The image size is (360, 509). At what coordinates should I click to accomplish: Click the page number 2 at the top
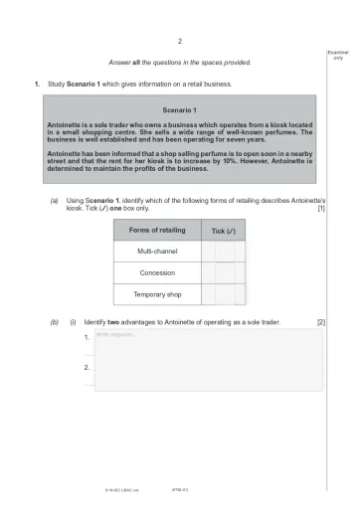(180, 41)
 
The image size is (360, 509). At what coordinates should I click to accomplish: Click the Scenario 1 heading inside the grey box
(180, 108)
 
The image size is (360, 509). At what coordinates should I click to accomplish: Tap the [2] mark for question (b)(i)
(320, 324)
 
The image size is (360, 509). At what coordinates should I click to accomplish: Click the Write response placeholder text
(120, 334)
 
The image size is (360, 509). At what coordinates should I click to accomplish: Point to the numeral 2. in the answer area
(89, 368)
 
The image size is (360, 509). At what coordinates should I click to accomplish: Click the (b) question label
(54, 324)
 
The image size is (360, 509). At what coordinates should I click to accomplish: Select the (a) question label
(54, 202)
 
